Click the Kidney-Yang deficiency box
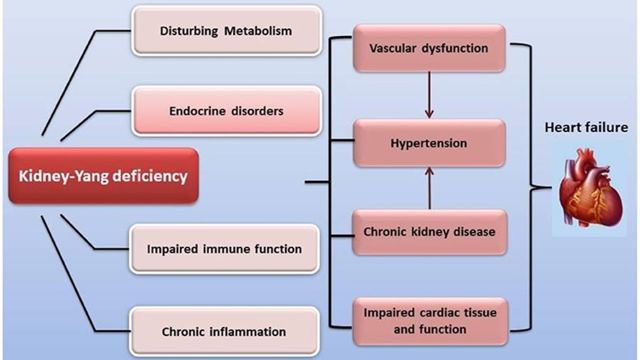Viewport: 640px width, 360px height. click(103, 176)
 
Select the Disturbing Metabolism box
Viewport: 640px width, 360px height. click(226, 30)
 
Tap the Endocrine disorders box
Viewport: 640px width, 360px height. click(226, 110)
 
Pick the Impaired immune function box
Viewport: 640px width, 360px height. click(224, 248)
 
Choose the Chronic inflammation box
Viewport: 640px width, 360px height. click(224, 331)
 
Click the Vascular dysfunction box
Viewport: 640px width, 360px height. click(429, 48)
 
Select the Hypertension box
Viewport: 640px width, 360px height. click(429, 143)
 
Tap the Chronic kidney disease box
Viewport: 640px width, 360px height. click(429, 232)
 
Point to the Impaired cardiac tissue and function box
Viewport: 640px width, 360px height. click(429, 321)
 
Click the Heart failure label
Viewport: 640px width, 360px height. click(586, 127)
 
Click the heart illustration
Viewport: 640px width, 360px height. click(590, 190)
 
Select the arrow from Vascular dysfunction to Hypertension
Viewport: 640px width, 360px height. click(429, 95)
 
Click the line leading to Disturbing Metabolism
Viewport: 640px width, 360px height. click(70, 80)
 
